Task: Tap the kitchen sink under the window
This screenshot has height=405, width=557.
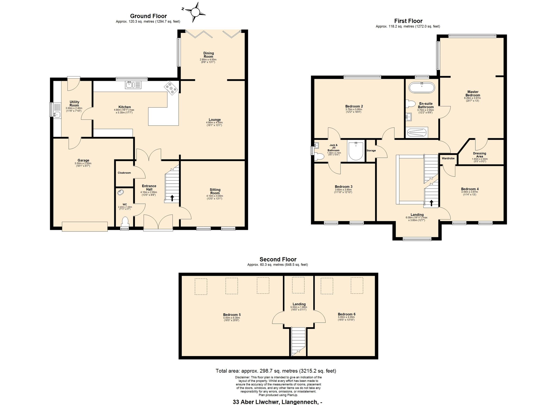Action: [133, 85]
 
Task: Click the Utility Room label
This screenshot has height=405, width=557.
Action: [74, 104]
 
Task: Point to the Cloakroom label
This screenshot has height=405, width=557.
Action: [124, 173]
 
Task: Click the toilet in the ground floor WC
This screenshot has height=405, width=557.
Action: [125, 221]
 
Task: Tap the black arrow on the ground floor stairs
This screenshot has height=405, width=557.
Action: [172, 198]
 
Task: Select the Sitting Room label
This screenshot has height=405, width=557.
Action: [215, 191]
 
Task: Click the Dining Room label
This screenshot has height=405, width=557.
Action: [209, 55]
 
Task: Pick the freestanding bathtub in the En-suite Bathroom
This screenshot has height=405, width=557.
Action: [422, 88]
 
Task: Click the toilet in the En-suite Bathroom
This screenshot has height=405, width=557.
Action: [410, 104]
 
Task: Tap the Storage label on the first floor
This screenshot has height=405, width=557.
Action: [371, 150]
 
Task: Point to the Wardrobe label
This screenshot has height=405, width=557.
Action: [448, 158]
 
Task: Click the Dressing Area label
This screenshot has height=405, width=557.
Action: [479, 155]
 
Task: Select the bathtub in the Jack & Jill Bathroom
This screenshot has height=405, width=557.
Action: [356, 151]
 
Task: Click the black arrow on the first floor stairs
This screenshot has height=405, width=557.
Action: [431, 203]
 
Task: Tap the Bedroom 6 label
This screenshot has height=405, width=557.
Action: [346, 314]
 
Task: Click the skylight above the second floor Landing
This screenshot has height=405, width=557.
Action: [298, 285]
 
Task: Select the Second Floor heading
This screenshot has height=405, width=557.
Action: [278, 259]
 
